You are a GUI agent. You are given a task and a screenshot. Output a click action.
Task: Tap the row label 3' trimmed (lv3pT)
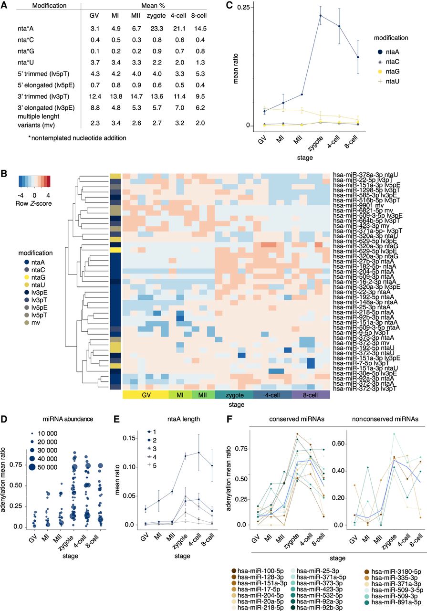(42, 99)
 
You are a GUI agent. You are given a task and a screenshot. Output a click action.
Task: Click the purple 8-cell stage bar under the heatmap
(311, 396)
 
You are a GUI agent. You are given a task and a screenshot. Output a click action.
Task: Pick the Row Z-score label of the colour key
(34, 203)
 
